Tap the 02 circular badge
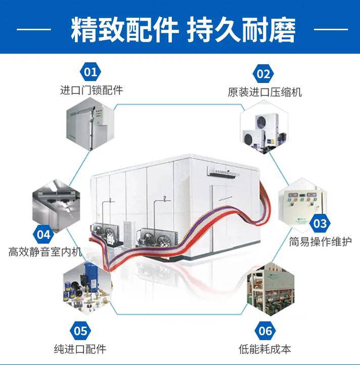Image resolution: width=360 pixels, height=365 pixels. point(263,74)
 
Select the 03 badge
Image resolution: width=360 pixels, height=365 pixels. point(320,222)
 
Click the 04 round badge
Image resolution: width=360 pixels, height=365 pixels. point(44,234)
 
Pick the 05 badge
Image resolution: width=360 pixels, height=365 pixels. point(80,331)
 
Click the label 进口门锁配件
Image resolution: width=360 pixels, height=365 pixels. point(91,90)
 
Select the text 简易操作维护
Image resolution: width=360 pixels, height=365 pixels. point(320,242)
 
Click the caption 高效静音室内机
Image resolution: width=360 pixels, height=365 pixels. point(45,251)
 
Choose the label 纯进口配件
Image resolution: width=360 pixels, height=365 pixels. point(80,349)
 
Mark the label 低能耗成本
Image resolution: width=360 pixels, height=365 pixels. point(264,349)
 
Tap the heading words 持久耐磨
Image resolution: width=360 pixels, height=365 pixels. point(241,30)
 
